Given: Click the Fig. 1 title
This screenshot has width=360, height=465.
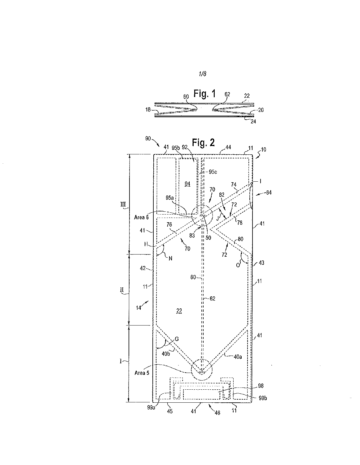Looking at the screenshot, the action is pyautogui.click(x=204, y=94).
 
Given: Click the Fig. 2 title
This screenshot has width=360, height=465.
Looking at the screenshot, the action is pyautogui.click(x=203, y=143).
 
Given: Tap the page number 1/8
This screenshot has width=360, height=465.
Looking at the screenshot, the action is pyautogui.click(x=203, y=74).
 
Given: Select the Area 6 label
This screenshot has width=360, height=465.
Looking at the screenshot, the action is pyautogui.click(x=141, y=217).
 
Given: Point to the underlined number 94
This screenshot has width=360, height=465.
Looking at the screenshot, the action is pyautogui.click(x=187, y=184).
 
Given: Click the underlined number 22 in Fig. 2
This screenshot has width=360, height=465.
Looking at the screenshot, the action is pyautogui.click(x=179, y=311).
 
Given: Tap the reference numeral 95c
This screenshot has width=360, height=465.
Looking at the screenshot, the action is pyautogui.click(x=213, y=172).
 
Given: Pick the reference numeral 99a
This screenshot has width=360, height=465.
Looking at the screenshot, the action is pyautogui.click(x=151, y=408).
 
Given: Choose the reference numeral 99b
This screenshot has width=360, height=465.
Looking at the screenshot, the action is pyautogui.click(x=262, y=398).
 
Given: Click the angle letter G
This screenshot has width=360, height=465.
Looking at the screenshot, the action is pyautogui.click(x=177, y=339).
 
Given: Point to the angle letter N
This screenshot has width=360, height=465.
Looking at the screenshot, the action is pyautogui.click(x=170, y=259).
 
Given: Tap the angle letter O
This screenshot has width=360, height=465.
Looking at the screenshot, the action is pyautogui.click(x=238, y=265).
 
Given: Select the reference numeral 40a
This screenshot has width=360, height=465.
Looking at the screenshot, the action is pyautogui.click(x=238, y=357).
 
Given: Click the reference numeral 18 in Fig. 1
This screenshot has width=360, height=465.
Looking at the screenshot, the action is pyautogui.click(x=148, y=110).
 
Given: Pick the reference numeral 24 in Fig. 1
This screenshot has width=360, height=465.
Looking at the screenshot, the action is pyautogui.click(x=253, y=121).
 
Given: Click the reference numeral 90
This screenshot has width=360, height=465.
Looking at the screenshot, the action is pyautogui.click(x=148, y=139).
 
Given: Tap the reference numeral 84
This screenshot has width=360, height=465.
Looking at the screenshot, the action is pyautogui.click(x=269, y=193).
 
